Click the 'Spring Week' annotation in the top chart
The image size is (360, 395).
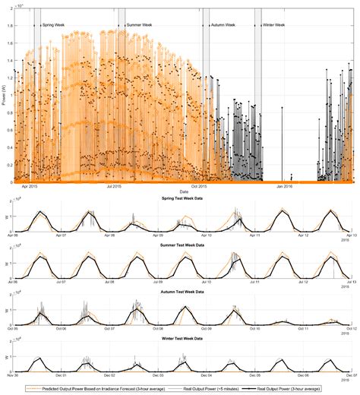click(x=54, y=25)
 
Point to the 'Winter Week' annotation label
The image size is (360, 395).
click(x=275, y=25)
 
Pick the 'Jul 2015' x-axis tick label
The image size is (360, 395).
click(x=115, y=186)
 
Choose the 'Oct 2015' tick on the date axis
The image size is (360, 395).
click(x=199, y=186)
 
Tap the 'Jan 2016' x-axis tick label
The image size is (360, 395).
click(x=285, y=186)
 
